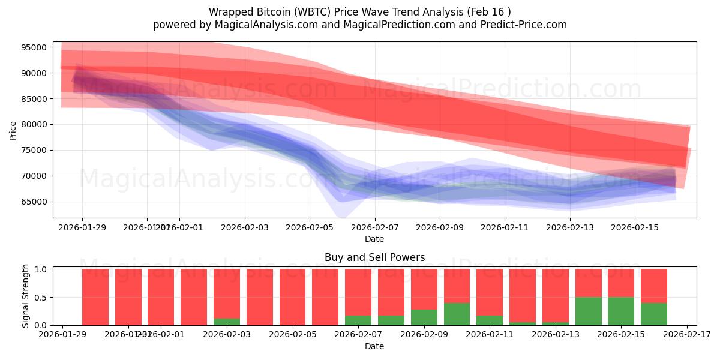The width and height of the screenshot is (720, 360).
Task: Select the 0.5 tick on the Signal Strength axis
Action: pyautogui.click(x=42, y=298)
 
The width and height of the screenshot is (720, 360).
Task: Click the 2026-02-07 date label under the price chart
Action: pyautogui.click(x=374, y=227)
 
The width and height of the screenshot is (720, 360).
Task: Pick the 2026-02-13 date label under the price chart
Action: pyautogui.click(x=569, y=227)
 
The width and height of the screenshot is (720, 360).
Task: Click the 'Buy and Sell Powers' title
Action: pyautogui.click(x=374, y=257)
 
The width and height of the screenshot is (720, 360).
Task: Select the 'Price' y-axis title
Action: pyautogui.click(x=13, y=130)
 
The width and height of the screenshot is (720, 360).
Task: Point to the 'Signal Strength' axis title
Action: pyautogui.click(x=25, y=296)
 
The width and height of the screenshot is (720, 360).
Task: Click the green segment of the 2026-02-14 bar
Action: pyautogui.click(x=588, y=311)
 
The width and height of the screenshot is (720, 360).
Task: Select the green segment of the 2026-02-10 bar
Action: pyautogui.click(x=457, y=314)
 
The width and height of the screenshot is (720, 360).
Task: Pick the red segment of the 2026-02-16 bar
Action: pyautogui.click(x=653, y=286)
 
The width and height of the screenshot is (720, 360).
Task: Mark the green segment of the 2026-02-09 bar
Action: pyautogui.click(x=424, y=317)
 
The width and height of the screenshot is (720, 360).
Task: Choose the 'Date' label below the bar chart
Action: pyautogui.click(x=374, y=346)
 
